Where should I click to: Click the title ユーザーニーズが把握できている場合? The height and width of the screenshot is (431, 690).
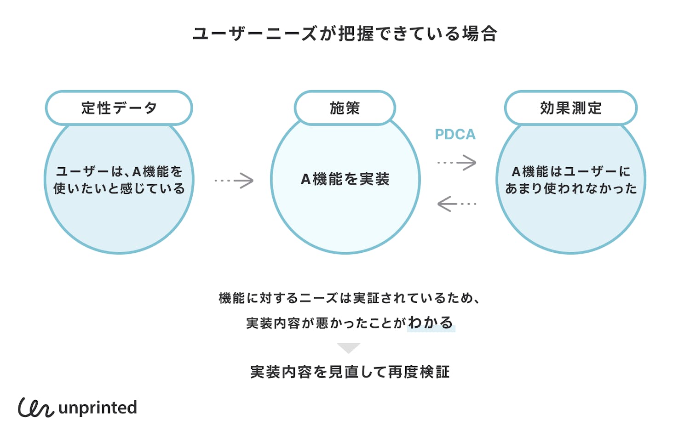pos(345,34)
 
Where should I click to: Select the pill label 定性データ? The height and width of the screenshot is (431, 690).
pos(119,108)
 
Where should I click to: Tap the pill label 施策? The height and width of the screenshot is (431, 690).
pos(345,108)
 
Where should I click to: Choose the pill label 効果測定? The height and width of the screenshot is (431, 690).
pos(570,108)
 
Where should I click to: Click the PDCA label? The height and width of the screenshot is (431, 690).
pos(455,134)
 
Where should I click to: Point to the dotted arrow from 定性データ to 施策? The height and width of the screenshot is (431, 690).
pos(234,181)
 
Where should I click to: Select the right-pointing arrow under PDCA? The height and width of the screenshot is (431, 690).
pos(457,162)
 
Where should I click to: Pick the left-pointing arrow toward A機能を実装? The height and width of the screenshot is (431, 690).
pos(457,204)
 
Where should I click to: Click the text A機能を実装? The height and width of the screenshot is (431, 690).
pos(345,179)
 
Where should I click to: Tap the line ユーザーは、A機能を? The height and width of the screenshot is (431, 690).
pos(119,171)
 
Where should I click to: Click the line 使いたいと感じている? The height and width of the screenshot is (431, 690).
pos(119,188)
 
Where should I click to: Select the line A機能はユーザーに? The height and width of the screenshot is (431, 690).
pos(570,171)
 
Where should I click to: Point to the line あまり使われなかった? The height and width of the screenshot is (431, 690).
pos(570,188)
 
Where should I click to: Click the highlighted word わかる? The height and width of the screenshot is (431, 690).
pos(431,323)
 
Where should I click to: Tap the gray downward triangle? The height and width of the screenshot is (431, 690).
pos(348,348)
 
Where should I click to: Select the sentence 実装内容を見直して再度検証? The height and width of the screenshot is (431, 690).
pos(350,372)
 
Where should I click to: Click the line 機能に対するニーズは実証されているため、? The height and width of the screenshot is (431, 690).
pos(350,298)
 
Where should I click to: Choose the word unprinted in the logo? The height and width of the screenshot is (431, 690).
pos(98,408)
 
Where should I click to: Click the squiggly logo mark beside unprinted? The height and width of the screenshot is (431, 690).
pos(36,407)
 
